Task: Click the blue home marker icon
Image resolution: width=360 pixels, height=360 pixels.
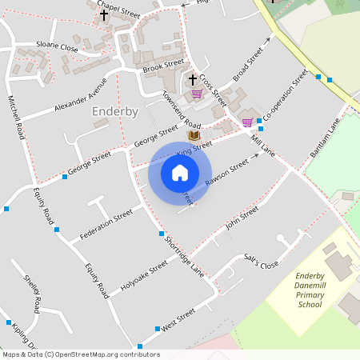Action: click(180, 172)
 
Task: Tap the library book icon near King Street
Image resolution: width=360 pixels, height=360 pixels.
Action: click(194, 136)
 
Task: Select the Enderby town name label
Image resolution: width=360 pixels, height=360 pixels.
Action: click(115, 111)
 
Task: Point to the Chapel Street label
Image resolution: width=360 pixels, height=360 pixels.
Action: click(118, 9)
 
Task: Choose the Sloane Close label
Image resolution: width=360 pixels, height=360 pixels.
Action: click(58, 47)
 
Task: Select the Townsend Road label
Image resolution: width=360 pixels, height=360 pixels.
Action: click(181, 109)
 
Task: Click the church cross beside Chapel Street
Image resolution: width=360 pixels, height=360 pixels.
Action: click(104, 15)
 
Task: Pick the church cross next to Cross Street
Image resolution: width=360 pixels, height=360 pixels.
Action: click(192, 80)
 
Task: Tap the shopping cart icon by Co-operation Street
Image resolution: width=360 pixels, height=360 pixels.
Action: click(247, 122)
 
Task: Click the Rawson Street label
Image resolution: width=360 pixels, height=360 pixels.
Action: click(226, 175)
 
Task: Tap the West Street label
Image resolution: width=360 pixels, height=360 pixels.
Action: click(178, 320)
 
